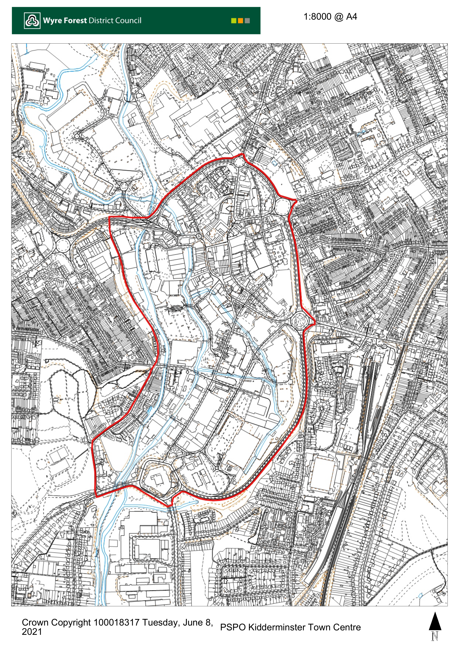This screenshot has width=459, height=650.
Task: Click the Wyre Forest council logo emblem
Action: [x=32, y=21]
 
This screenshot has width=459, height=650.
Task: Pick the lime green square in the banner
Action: [x=234, y=21]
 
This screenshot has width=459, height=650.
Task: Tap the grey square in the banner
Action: [x=247, y=21]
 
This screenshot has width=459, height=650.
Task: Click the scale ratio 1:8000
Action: [x=317, y=17]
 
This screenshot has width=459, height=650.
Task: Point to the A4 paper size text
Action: [x=352, y=17]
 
